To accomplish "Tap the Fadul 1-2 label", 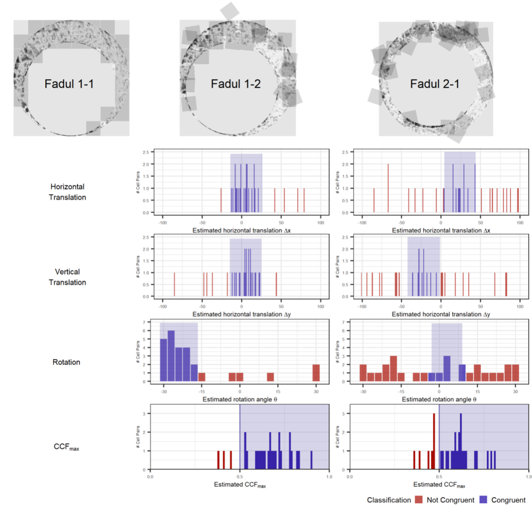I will pyautogui.click(x=235, y=84).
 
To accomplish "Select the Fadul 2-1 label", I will pyautogui.click(x=435, y=84).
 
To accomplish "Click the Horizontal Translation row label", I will pyautogui.click(x=68, y=192).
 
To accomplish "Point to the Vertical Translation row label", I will pyautogui.click(x=68, y=277).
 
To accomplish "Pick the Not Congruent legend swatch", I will pyautogui.click(x=419, y=500).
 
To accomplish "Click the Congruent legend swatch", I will pyautogui.click(x=484, y=500).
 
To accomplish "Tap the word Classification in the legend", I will pyautogui.click(x=389, y=500).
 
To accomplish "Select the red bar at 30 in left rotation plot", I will pyautogui.click(x=316, y=373).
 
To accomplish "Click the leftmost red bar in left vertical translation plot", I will pyautogui.click(x=174, y=284).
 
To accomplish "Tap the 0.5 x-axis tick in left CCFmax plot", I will pyautogui.click(x=239, y=476).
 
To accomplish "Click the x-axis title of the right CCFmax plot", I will pyautogui.click(x=439, y=485).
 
